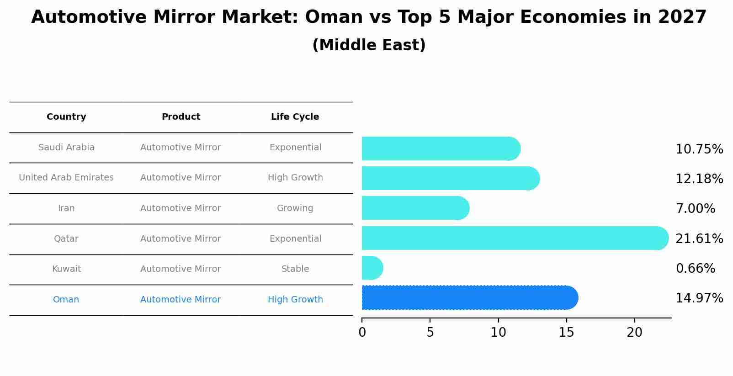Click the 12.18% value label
[699, 179]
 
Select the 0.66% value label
[695, 268]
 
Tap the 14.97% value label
[699, 298]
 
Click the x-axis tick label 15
[566, 333]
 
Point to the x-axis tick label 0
[362, 333]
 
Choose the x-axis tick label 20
[634, 333]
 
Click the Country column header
[66, 117]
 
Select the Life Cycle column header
[295, 117]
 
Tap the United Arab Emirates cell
[66, 178]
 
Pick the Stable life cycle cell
[295, 269]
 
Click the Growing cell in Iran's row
[295, 208]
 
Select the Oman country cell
[66, 300]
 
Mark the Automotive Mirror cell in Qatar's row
[181, 239]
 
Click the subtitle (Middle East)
[369, 45]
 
